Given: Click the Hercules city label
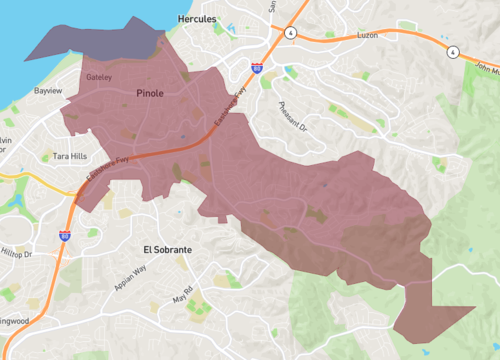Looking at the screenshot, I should tap(196, 19).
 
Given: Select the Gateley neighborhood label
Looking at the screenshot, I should tap(99, 76).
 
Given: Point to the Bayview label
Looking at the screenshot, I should tap(49, 91).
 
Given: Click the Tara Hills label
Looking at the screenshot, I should tap(70, 157).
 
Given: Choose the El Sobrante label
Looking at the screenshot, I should tap(166, 247).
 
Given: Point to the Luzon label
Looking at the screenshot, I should tap(369, 35).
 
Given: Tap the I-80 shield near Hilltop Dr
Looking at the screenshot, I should tap(65, 236).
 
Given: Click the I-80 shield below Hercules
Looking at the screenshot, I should tap(257, 68).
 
